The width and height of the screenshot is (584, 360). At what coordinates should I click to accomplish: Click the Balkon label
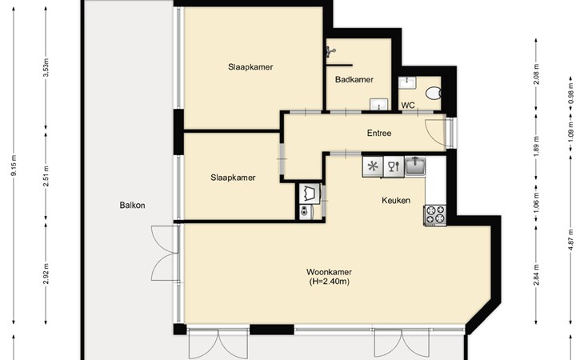[x=132, y=205]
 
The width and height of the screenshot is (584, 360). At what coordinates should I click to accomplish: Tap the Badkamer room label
[x=354, y=79]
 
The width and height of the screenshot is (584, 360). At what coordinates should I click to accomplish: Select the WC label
[x=408, y=106]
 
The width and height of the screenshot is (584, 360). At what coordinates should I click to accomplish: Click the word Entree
[x=379, y=133]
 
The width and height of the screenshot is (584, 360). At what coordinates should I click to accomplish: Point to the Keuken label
[x=396, y=200]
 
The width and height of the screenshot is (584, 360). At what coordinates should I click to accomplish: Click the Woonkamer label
[x=329, y=272]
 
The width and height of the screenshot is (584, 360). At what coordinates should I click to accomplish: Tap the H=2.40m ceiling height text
[x=330, y=282]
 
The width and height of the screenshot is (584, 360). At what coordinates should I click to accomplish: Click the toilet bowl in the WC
[x=433, y=93]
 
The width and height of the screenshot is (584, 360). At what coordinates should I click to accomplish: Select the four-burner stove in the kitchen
[x=435, y=215]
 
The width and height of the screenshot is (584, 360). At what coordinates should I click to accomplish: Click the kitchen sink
[x=415, y=166]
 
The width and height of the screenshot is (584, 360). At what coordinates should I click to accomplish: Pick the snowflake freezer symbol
[x=373, y=166]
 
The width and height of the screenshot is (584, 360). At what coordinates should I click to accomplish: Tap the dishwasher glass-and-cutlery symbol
[x=394, y=166]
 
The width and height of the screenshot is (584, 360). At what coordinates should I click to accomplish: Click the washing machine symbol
[x=310, y=194]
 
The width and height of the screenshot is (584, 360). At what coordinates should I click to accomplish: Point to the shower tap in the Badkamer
[x=330, y=51]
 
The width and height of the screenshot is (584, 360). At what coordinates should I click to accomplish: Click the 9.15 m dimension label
[x=14, y=166]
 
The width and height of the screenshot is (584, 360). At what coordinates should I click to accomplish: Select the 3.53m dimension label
[x=46, y=67]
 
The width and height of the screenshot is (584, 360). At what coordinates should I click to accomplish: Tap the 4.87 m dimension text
[x=570, y=240]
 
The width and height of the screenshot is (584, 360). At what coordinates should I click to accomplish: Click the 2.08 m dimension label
[x=536, y=74]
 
